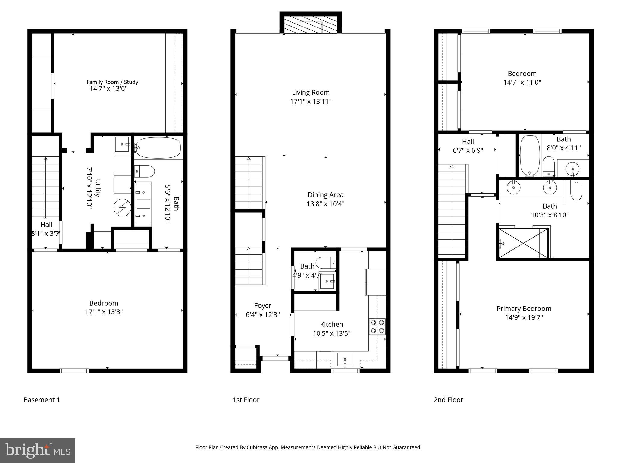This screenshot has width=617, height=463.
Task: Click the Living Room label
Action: coord(311,93)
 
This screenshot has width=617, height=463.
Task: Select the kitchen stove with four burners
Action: coord(377,326)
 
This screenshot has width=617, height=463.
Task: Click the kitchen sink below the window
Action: coord(345,360)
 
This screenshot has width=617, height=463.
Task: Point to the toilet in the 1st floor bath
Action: coord(325,263)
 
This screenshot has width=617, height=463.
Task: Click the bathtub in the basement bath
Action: coord(158,148)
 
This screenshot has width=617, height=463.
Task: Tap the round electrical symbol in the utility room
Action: coord(122,208)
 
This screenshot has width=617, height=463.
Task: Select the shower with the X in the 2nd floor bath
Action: coord(523,243)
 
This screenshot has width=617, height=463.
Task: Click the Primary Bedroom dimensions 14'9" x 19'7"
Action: coord(524,317)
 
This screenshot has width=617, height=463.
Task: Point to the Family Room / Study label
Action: coord(112,82)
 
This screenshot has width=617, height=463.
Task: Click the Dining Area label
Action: coord(325,195)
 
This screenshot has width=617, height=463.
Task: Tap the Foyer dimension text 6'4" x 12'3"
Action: coord(263,315)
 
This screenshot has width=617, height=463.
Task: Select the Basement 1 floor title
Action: coord(42,400)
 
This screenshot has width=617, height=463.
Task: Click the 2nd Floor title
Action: coord(448,400)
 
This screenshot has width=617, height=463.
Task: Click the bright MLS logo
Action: coord(37,450)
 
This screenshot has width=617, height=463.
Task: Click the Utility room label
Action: coord(97,188)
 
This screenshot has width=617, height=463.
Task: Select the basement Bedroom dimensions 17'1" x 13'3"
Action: coord(104,312)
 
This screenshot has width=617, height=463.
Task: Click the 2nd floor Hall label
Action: coord(468,142)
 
